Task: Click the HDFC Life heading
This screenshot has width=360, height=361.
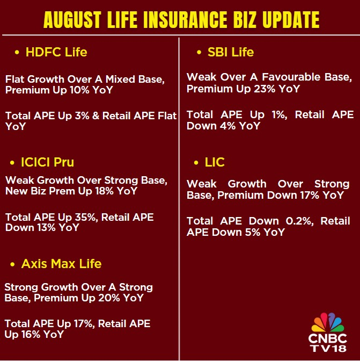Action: pyautogui.click(x=56, y=52)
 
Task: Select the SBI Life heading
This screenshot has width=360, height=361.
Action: pyautogui.click(x=231, y=52)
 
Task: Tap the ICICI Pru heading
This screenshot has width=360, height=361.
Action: pyautogui.click(x=47, y=162)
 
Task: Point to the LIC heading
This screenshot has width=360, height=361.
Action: pyautogui.click(x=215, y=162)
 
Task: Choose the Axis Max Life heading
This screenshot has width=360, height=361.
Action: pyautogui.click(x=61, y=264)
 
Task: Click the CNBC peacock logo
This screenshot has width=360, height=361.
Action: pyautogui.click(x=327, y=322)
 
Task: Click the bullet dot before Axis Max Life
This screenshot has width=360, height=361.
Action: pyautogui.click(x=12, y=264)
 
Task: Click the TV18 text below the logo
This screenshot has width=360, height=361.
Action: pyautogui.click(x=327, y=348)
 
